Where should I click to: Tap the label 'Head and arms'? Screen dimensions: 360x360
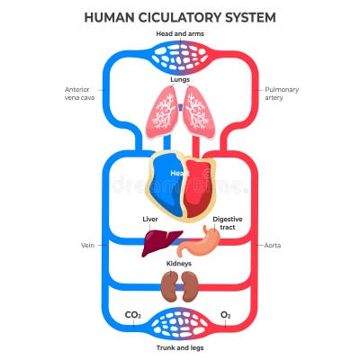tap(180, 34)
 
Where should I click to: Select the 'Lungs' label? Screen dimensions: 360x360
tap(180, 79)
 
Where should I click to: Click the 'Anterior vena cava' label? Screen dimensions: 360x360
tap(79, 94)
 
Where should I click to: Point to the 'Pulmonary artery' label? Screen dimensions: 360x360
tap(283, 94)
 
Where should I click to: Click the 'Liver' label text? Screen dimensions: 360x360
tap(150, 219)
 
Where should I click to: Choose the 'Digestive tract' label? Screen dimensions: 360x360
tap(228, 223)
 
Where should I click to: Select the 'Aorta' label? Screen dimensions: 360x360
tap(272, 244)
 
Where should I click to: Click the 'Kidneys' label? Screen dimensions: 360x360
tap(180, 264)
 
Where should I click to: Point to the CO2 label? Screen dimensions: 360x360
tap(132, 315)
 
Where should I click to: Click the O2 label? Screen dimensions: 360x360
tap(226, 315)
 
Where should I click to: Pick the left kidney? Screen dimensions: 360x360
tap(168, 286)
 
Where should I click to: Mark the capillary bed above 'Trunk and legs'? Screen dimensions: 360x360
tap(180, 322)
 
